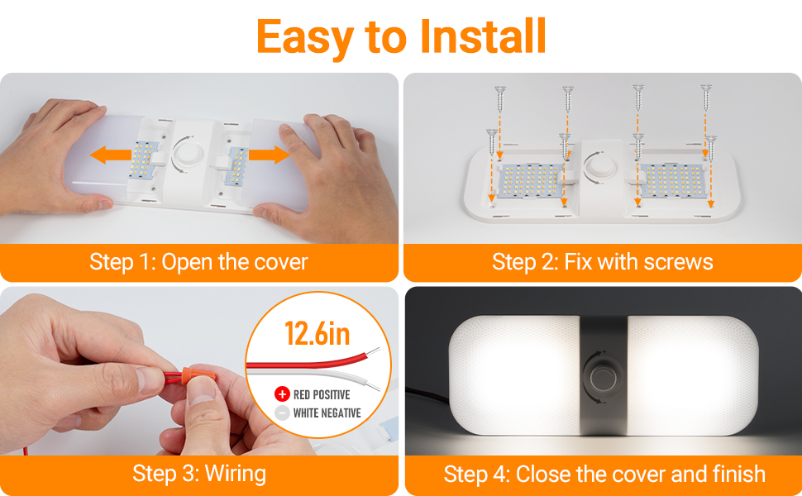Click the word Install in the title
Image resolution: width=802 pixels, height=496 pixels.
point(483,36)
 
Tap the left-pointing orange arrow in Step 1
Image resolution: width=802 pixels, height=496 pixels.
point(111,155)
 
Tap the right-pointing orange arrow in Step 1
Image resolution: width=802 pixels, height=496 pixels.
point(270,155)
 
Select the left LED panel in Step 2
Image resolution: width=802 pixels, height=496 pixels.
point(530,180)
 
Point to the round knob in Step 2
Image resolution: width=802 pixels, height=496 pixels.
point(599,167)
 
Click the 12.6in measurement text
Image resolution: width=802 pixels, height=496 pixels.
point(317,334)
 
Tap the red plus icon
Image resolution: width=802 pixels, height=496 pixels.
point(282,394)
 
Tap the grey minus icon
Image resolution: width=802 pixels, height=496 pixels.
point(282,413)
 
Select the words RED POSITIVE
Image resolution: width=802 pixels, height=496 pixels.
point(322,395)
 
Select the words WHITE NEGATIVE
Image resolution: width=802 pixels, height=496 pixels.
point(327,413)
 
